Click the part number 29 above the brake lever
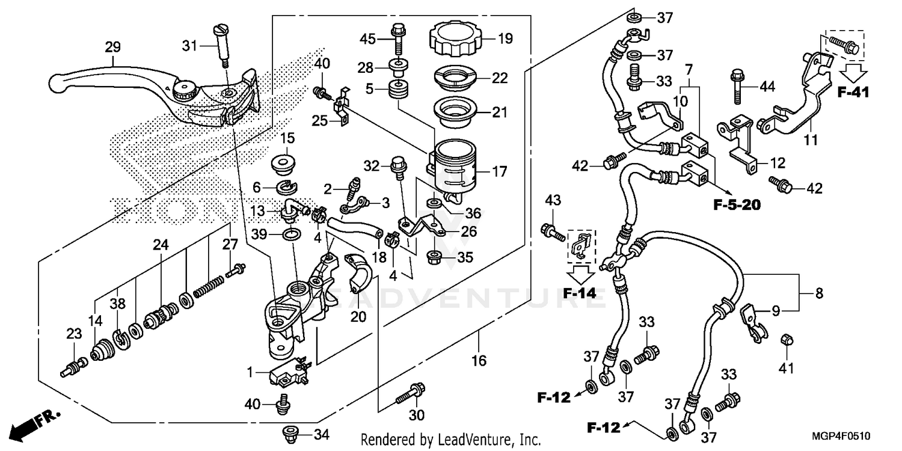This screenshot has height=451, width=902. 112,47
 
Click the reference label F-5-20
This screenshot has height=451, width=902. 737,205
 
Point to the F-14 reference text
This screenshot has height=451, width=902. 581,294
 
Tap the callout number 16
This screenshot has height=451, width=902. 479,360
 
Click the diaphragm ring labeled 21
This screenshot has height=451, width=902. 455,112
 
